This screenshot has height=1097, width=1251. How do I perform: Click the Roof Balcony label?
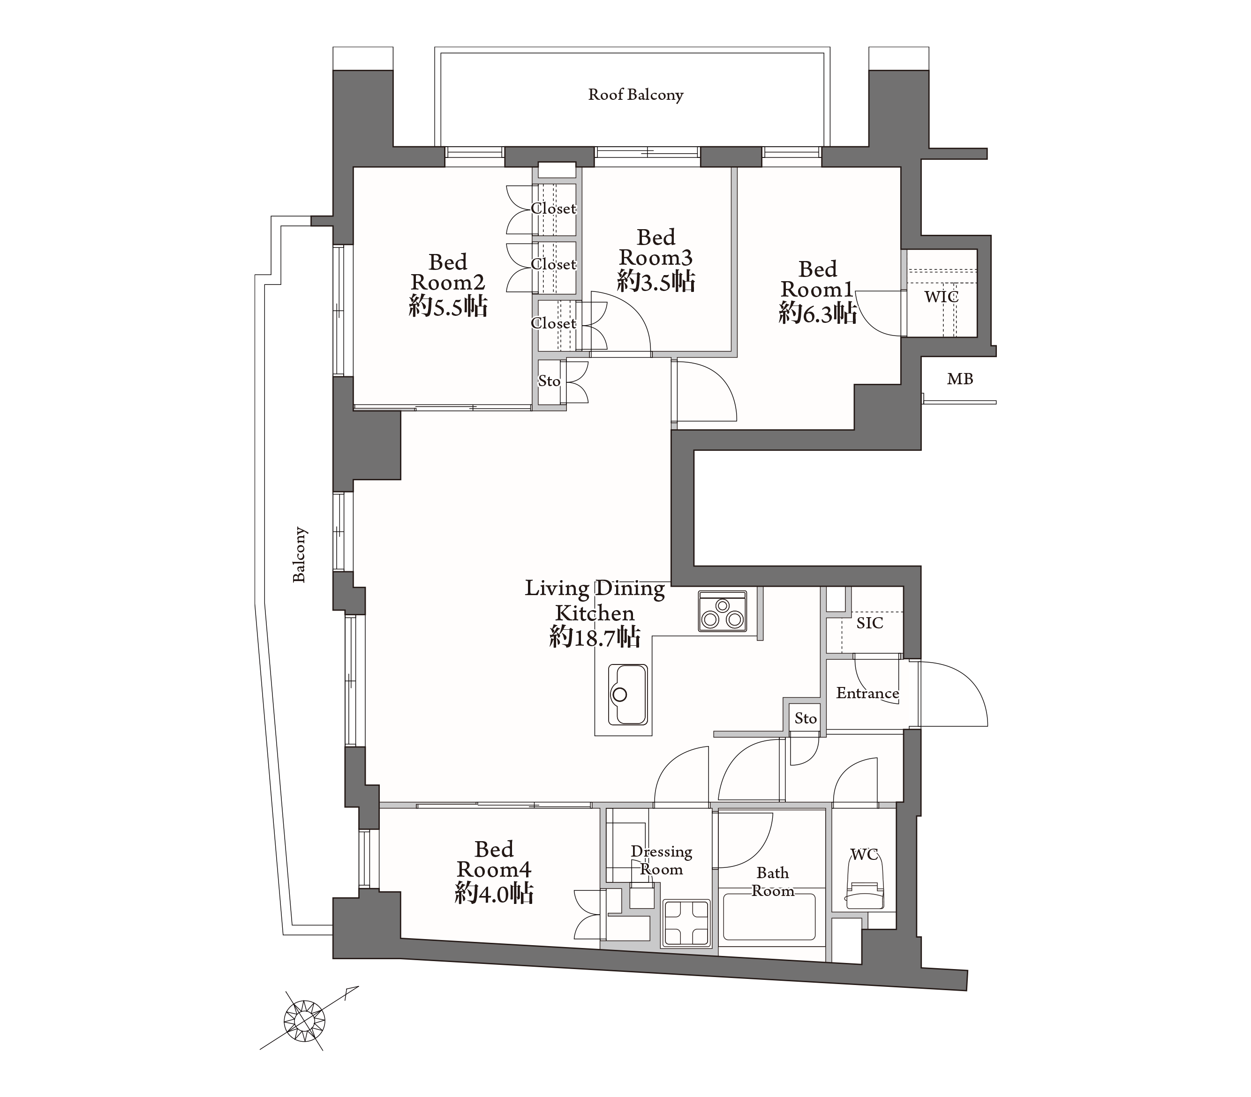(635, 95)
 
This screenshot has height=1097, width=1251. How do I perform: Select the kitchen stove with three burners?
(722, 611)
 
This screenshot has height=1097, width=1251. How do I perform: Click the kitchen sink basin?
(627, 694)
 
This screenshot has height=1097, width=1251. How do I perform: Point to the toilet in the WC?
(864, 883)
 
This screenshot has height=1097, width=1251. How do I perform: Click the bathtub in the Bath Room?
(769, 917)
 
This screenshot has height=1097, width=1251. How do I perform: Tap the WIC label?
(942, 298)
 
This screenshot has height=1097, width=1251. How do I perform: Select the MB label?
(960, 379)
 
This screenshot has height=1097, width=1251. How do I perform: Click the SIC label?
(870, 623)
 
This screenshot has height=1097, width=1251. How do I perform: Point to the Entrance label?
(867, 693)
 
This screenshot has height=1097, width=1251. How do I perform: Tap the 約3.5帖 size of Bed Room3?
(656, 282)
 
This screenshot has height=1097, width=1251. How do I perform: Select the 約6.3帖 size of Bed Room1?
(817, 313)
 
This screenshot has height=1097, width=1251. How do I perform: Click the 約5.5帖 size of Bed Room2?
(448, 306)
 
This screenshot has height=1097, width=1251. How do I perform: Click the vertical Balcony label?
(299, 554)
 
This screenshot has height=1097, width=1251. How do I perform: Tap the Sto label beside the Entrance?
(806, 718)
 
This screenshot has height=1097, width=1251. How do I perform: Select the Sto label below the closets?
(549, 381)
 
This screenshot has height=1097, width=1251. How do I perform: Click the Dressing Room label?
(662, 860)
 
